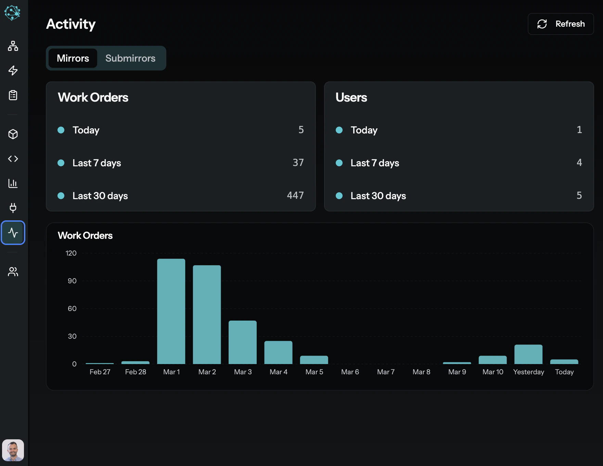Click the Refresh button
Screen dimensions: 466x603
click(x=561, y=24)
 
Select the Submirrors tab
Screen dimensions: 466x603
click(x=130, y=58)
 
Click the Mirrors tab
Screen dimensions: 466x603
click(x=73, y=58)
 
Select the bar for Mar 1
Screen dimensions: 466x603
click(x=171, y=311)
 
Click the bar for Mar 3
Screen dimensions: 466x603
click(x=243, y=342)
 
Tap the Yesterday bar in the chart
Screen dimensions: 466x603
click(x=528, y=354)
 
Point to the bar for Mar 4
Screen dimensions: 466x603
click(x=278, y=352)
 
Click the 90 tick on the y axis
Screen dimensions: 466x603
click(x=72, y=281)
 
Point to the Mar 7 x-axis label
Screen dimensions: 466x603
click(x=386, y=372)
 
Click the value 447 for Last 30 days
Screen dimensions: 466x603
click(x=295, y=195)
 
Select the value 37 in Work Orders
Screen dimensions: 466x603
click(x=298, y=163)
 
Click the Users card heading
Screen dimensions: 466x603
click(x=351, y=98)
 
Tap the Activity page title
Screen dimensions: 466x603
click(x=71, y=24)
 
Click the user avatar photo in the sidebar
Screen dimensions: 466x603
click(x=13, y=450)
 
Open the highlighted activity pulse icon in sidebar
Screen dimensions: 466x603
click(x=13, y=233)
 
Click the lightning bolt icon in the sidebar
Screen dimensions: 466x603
click(x=13, y=70)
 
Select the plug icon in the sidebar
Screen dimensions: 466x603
click(x=13, y=208)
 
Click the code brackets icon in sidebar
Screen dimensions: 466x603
click(x=13, y=159)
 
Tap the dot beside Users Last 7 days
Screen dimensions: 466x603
click(x=339, y=163)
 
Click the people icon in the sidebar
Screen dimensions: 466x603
click(x=13, y=272)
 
